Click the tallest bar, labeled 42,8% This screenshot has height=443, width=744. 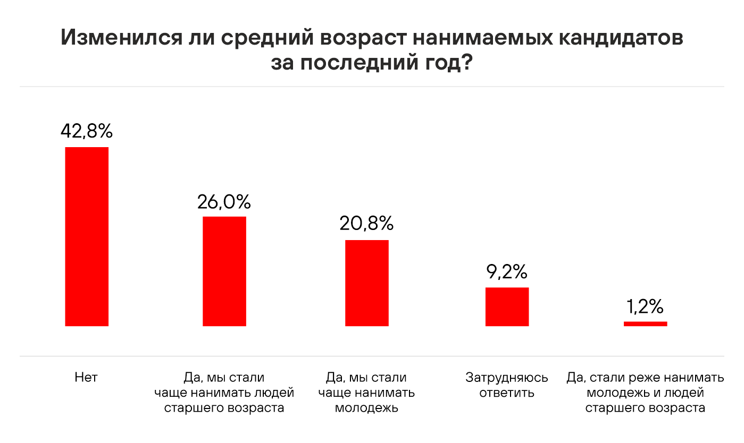87,236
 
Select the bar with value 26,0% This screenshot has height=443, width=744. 224,271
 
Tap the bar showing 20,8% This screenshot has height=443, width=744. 367,283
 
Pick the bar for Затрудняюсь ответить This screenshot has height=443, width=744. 507,306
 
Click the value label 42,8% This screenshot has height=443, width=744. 87,131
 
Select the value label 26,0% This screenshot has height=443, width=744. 224,202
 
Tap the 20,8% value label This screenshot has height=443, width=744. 366,224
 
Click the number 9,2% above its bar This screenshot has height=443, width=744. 506,272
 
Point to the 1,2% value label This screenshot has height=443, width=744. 645,306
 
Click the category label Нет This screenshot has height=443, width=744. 87,378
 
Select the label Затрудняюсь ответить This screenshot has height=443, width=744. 507,386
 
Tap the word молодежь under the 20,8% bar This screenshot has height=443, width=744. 366,408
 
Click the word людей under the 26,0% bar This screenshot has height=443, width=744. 274,393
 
